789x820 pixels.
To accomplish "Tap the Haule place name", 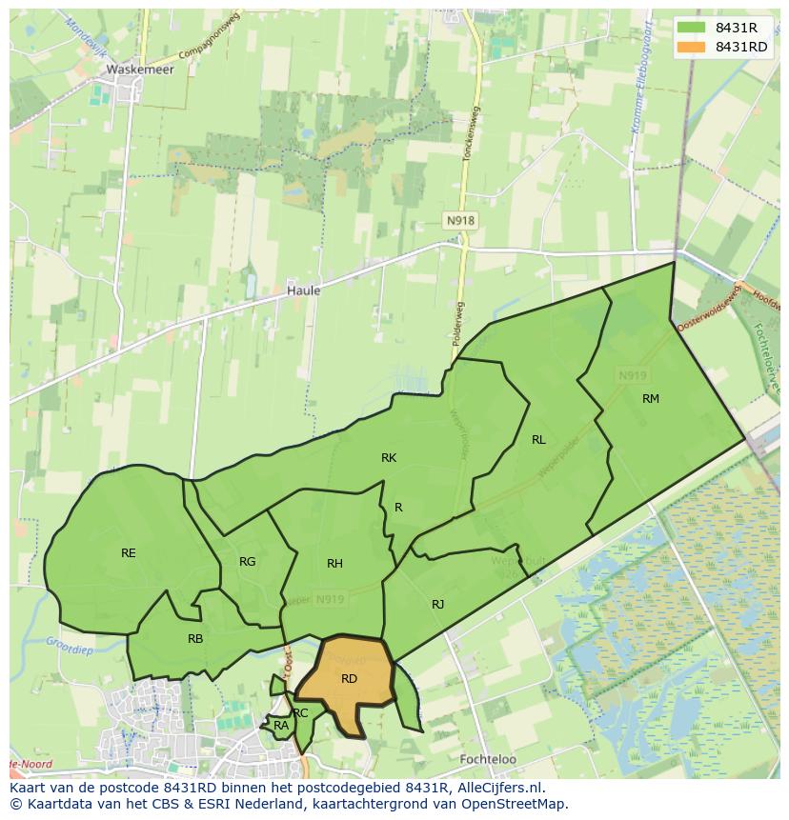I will coord(303,290).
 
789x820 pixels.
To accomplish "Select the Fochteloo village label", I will coord(487,760).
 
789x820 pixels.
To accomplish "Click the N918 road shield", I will coord(459,220).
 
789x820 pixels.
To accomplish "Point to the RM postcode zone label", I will coord(651,399).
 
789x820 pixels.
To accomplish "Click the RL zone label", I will coord(538,440).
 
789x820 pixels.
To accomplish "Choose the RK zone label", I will coord(388,458).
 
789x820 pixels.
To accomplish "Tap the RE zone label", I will coord(128,552).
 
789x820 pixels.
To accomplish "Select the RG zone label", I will coord(247,562).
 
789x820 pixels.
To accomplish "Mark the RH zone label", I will coord(334,564).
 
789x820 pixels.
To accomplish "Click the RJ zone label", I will coord(437,605).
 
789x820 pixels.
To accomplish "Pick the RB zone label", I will coord(194,639).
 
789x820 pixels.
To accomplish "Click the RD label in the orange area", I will coord(349,679).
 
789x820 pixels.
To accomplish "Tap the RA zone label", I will coord(281,726).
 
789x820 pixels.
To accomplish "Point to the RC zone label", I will coord(301,712).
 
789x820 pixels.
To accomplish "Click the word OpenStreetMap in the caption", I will coord(516,804).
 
